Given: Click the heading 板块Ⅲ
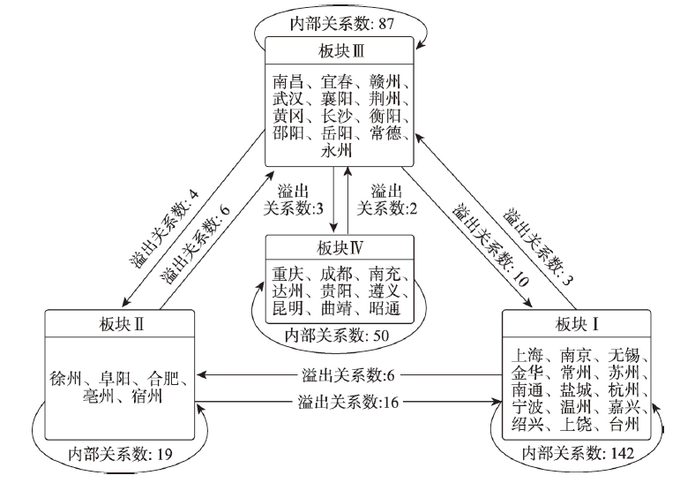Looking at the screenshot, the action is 340,51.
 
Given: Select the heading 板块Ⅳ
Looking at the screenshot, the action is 340,248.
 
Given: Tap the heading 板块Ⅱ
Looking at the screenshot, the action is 122,324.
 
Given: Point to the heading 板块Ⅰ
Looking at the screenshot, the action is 577,324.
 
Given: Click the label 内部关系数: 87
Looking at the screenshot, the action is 342,24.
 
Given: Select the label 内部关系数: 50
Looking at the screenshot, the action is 337,336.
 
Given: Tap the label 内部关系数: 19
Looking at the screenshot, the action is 120,455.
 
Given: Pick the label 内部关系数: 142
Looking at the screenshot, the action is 578,454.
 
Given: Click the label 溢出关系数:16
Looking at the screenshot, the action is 348,403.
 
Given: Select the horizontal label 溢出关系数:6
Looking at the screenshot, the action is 348,375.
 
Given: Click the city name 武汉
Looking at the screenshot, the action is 288,99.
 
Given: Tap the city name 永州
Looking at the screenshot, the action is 336,151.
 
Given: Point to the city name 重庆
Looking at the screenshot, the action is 288,274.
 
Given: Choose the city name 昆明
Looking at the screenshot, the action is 288,308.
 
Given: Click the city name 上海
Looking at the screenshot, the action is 527,355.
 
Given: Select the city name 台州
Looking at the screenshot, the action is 624,424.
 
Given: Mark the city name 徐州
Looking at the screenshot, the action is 66,378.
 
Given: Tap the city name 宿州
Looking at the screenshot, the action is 146,396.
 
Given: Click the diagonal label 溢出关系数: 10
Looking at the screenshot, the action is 490,244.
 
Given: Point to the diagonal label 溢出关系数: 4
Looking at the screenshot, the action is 164,228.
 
